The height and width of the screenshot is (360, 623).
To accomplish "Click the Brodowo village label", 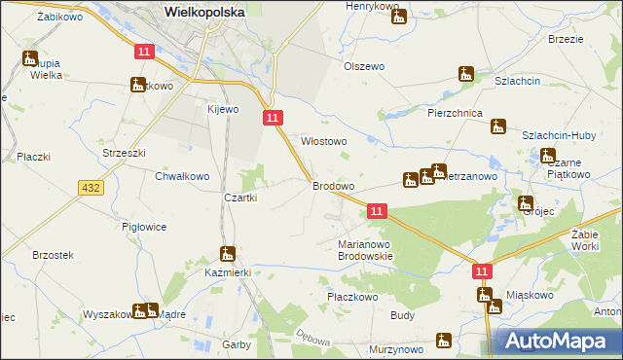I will click(x=333, y=185).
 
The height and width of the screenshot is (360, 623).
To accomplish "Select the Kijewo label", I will click(x=222, y=109).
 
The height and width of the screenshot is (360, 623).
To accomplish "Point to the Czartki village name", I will click(x=240, y=198).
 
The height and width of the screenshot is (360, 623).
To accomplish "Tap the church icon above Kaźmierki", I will click(x=228, y=255).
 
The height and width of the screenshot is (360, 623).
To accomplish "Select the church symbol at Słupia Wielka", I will click(x=30, y=58).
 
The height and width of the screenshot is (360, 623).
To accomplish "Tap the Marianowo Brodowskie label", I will click(x=364, y=250).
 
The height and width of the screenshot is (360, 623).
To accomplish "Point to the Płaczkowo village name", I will click(x=352, y=296).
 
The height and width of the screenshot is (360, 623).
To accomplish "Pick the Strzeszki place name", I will click(x=124, y=153).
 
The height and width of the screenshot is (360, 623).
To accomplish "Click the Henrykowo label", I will click(x=373, y=7).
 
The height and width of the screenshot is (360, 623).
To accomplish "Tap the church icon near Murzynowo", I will click(x=444, y=341).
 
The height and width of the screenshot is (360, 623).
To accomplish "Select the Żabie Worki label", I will click(x=590, y=240).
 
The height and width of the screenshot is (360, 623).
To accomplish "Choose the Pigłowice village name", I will click(x=144, y=227).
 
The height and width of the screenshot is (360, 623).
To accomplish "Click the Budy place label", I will click(x=403, y=315).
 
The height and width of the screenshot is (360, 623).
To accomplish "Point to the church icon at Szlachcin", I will click(x=466, y=74).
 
